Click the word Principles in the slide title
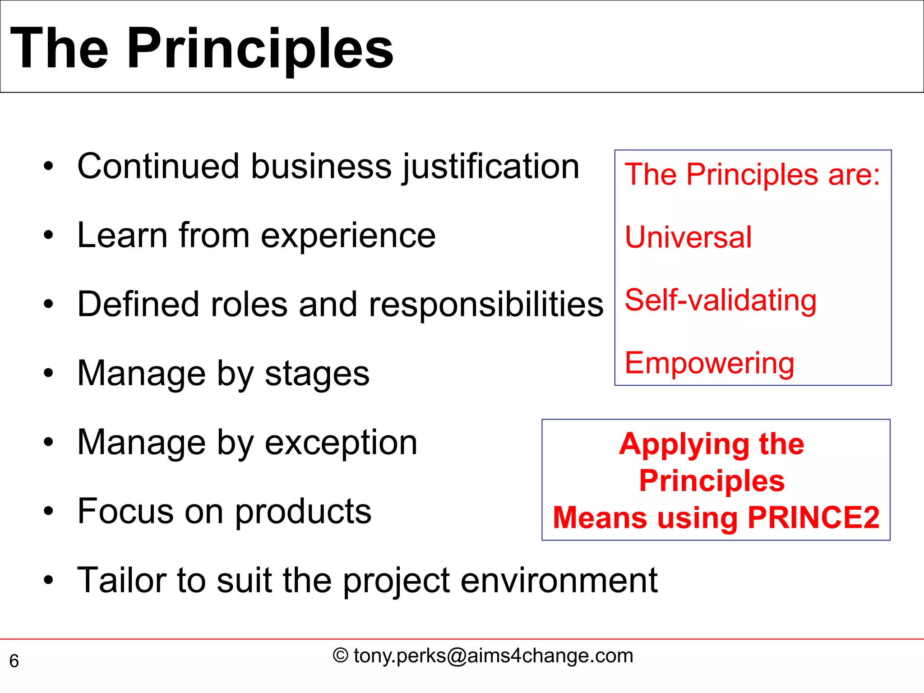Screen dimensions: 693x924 click(260, 49)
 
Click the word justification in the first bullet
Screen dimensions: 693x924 click(490, 167)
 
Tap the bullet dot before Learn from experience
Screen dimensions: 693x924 click(48, 235)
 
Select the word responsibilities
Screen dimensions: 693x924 click(486, 305)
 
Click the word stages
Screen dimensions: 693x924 click(317, 374)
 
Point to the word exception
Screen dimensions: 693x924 click(341, 443)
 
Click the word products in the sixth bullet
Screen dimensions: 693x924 click(303, 512)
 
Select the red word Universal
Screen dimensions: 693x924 click(688, 237)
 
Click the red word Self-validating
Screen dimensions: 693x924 click(721, 300)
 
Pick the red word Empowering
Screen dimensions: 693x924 click(709, 364)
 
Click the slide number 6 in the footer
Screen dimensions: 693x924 click(14, 661)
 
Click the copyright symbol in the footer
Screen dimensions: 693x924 click(341, 656)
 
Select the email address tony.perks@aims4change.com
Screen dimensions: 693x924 click(494, 656)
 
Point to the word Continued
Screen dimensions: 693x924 click(158, 166)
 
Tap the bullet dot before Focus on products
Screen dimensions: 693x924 click(48, 512)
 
